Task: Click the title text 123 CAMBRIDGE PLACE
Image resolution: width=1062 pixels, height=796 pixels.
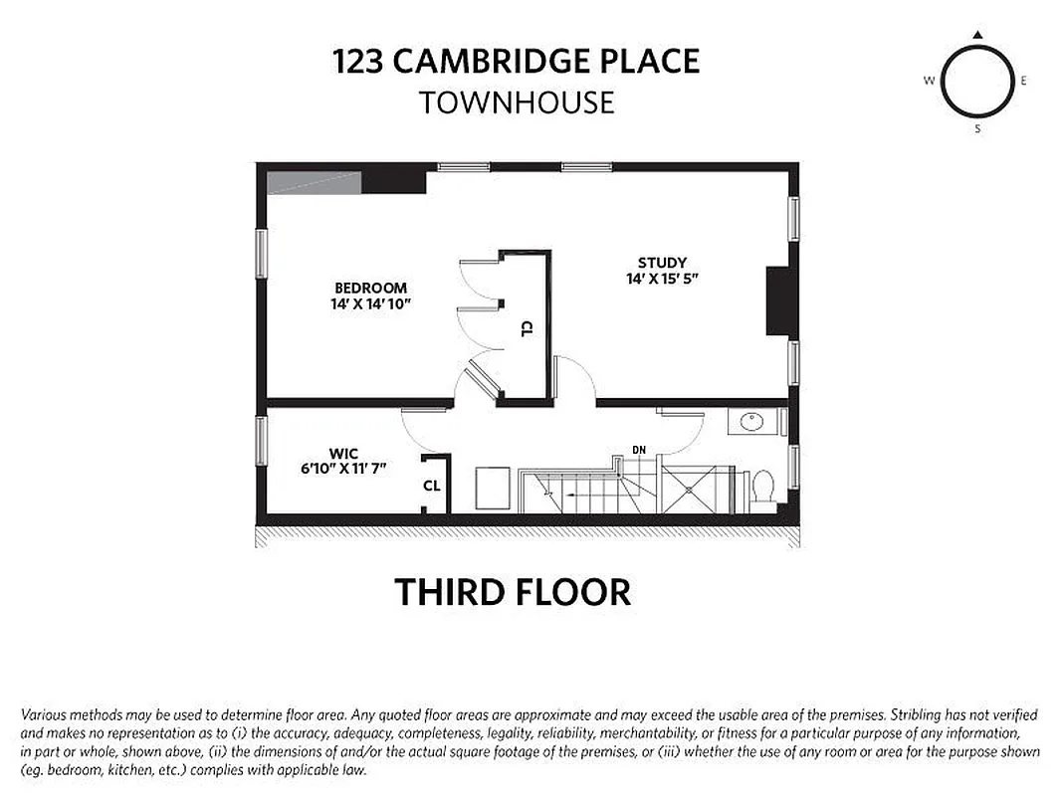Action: point(516,61)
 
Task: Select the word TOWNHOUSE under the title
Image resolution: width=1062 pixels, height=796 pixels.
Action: point(516,102)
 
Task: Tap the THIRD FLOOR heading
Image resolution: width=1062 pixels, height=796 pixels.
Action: point(513,592)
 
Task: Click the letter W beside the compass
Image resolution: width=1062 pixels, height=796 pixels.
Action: point(929,82)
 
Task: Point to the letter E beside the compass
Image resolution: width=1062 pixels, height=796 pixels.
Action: point(1023,82)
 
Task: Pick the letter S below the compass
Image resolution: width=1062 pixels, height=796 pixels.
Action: point(977,128)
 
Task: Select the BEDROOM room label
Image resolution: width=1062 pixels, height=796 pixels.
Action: point(370,289)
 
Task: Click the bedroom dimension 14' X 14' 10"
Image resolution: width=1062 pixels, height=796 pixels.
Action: point(371,303)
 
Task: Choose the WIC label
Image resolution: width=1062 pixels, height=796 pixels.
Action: point(343,453)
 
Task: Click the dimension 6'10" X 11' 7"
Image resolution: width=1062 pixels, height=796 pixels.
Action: point(343,468)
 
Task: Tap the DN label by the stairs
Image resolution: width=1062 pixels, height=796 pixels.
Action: point(639,450)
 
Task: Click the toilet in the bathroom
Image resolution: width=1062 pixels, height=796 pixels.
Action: point(763,487)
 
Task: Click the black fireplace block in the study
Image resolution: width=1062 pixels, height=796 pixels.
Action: point(777,300)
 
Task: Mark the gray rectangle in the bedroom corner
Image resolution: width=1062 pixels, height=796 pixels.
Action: point(314,182)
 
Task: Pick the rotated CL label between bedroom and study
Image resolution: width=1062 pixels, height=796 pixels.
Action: point(526,329)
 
